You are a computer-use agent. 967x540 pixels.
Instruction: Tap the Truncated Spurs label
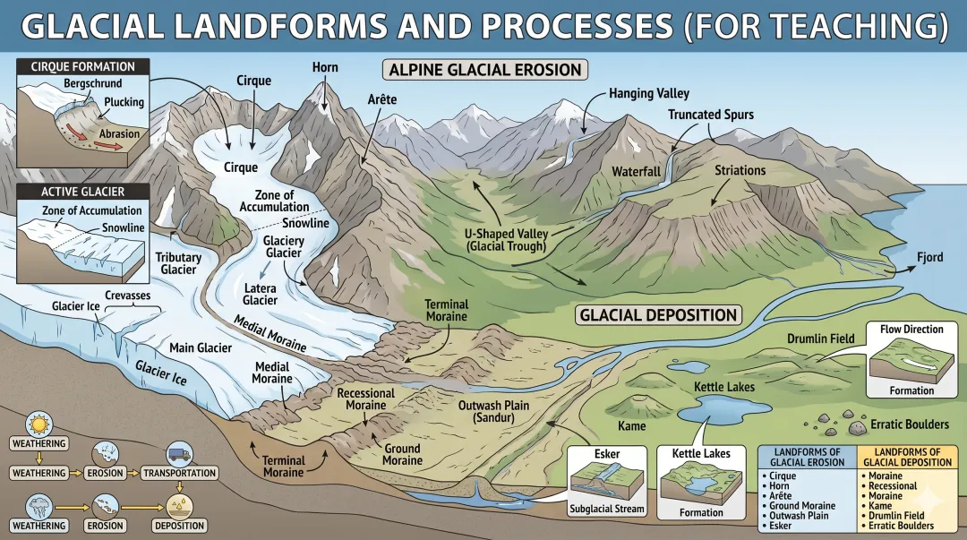click(x=710, y=115)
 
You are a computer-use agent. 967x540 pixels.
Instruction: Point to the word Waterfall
click(x=636, y=171)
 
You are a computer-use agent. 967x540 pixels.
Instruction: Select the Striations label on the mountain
click(x=740, y=170)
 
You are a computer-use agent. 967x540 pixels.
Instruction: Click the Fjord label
click(x=929, y=258)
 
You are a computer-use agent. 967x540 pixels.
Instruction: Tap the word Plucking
click(x=124, y=102)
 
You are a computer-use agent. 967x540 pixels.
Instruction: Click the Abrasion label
click(x=119, y=134)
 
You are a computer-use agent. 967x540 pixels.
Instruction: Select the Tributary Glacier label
click(x=178, y=263)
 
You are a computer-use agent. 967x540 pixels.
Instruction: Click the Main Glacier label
click(x=201, y=347)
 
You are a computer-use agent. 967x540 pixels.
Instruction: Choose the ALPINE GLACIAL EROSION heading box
click(x=485, y=70)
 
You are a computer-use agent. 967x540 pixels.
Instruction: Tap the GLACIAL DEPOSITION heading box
click(x=658, y=314)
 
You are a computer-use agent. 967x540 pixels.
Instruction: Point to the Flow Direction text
click(x=911, y=330)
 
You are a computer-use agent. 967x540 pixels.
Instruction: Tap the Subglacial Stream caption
click(x=606, y=510)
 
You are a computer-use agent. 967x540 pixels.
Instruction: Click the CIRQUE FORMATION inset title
click(x=82, y=66)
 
